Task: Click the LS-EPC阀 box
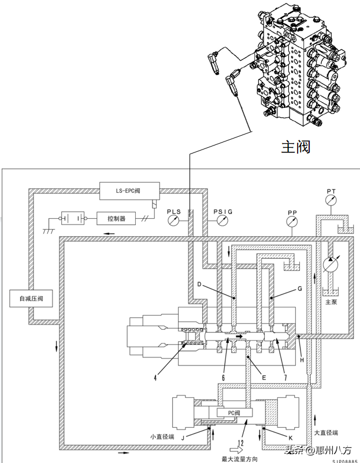[129, 191]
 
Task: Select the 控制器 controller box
[116, 218]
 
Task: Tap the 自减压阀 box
[31, 298]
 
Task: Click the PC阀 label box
[235, 413]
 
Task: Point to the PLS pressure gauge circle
[173, 221]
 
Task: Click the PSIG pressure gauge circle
[222, 221]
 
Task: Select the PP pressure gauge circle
[292, 222]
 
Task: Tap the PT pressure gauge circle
[331, 200]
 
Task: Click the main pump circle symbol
[331, 264]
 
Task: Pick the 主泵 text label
[331, 302]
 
